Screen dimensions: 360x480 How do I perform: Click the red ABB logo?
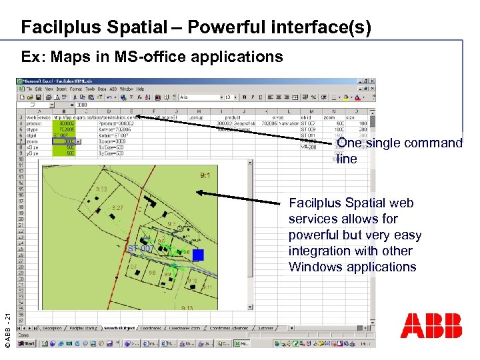point(431,325)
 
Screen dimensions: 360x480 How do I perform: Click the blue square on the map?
point(197,255)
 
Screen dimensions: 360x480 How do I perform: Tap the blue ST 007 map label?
point(140,249)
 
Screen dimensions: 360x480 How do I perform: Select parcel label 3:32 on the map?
point(101,189)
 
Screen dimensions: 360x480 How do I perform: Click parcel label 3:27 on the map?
point(117,208)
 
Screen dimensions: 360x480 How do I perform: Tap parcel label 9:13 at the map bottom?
point(187,308)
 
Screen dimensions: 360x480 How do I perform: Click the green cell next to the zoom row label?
point(66,141)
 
